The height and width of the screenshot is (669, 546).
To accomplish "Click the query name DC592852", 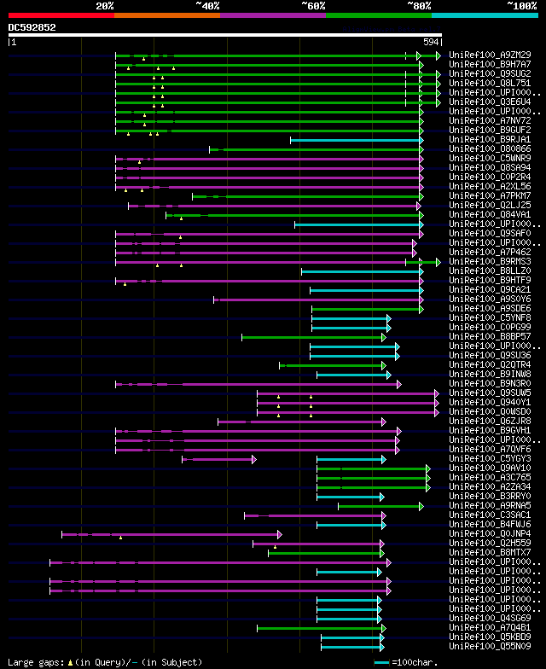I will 32,27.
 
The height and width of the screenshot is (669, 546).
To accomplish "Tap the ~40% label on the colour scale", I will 207,5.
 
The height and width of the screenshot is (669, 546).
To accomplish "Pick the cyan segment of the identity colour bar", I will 484,15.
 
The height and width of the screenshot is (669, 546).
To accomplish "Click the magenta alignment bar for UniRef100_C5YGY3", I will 218,459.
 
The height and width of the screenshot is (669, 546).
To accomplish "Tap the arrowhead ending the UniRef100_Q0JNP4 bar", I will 279,534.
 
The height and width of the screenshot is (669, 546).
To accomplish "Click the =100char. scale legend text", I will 411,662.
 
